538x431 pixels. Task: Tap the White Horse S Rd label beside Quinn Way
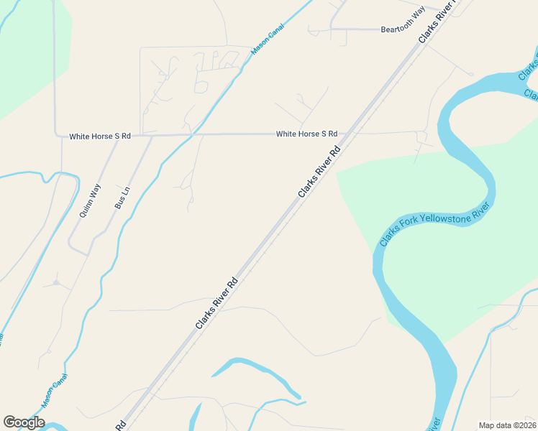(x=100, y=136)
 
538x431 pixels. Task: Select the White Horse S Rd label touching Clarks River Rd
(x=306, y=134)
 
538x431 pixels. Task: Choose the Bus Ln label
(x=124, y=198)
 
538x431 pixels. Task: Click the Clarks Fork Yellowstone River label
(x=434, y=224)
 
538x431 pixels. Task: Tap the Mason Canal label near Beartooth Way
(x=268, y=40)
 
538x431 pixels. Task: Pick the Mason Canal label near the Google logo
(x=55, y=391)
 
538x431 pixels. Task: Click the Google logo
(x=24, y=422)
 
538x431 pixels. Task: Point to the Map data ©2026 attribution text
(x=507, y=425)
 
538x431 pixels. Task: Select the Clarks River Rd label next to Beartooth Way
(x=438, y=22)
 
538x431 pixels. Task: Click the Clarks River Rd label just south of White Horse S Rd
(x=319, y=173)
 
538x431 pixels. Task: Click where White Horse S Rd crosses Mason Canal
(x=192, y=134)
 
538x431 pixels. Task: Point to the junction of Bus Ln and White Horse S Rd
(x=152, y=135)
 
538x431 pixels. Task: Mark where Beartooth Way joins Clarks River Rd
(x=424, y=32)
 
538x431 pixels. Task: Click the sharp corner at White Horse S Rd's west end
(x=57, y=134)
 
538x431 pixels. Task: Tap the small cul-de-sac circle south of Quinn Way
(x=55, y=283)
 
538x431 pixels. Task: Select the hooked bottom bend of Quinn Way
(x=72, y=248)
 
